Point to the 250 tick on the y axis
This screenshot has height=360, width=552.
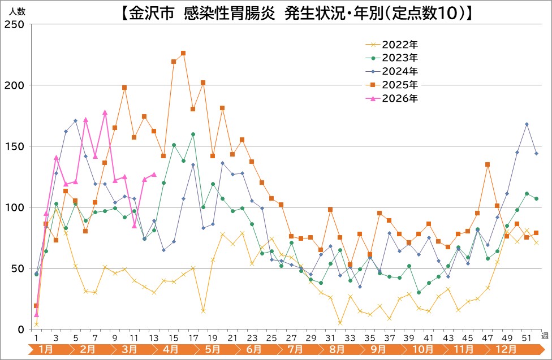(14, 24)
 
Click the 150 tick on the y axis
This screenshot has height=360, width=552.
(14, 146)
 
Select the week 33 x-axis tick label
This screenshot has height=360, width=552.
(350, 337)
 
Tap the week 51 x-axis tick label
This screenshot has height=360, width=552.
(527, 337)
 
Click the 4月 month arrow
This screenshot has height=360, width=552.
(170, 350)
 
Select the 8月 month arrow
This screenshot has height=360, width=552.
(335, 350)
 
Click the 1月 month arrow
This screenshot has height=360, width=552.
(47, 350)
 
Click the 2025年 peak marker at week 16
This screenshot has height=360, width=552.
(183, 53)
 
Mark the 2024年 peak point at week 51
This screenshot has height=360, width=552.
(527, 124)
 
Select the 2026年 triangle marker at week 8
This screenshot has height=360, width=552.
(105, 112)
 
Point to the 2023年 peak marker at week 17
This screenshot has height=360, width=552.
(193, 135)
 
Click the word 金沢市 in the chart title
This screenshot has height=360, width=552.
(152, 12)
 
